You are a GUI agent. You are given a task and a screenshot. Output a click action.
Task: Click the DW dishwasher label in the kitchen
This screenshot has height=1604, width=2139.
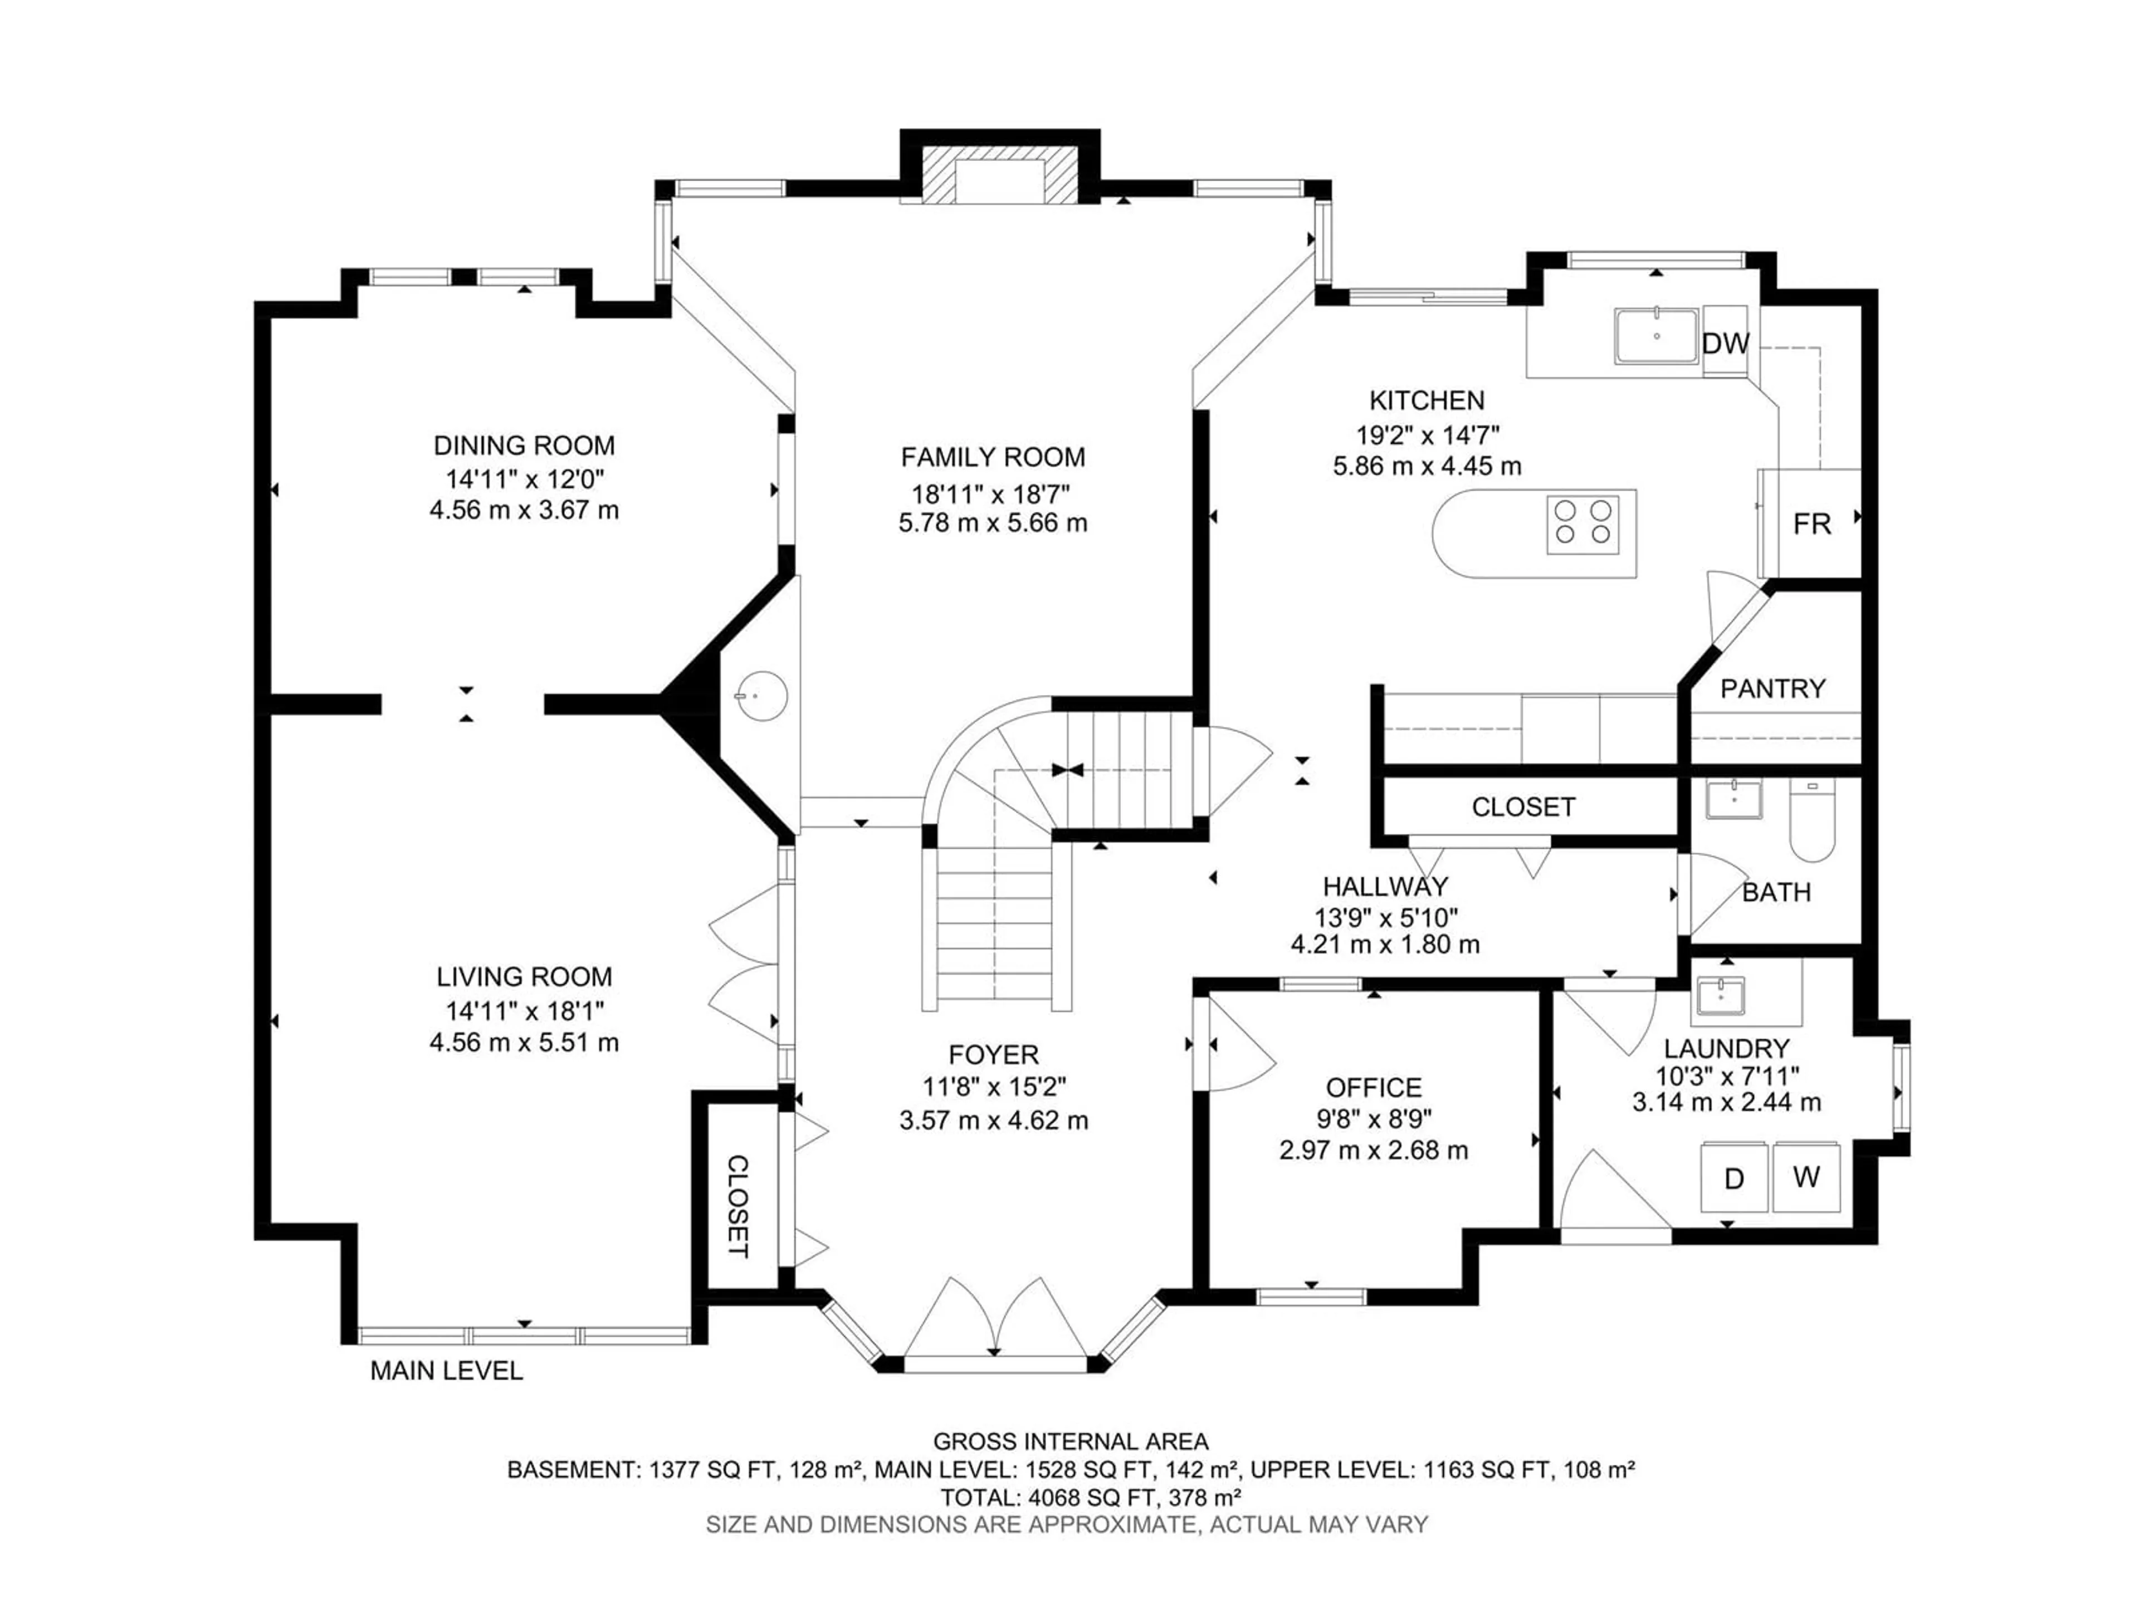coord(1726,343)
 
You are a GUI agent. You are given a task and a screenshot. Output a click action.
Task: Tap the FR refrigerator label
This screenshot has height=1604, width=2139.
coord(1812,524)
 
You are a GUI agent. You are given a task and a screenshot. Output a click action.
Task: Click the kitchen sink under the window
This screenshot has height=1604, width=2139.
coord(1657,335)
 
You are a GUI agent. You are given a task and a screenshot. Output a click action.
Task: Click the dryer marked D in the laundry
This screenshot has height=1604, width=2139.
coord(1735,1177)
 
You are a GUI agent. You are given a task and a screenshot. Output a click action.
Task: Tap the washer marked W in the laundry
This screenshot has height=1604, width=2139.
coord(1806,1177)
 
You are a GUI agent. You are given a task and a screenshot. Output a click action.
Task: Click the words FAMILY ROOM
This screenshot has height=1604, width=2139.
coord(993,457)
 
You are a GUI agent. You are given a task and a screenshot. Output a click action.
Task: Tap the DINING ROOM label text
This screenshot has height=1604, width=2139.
coord(524,446)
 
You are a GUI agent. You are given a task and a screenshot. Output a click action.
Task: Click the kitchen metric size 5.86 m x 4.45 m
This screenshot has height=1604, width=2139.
coord(1427,466)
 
